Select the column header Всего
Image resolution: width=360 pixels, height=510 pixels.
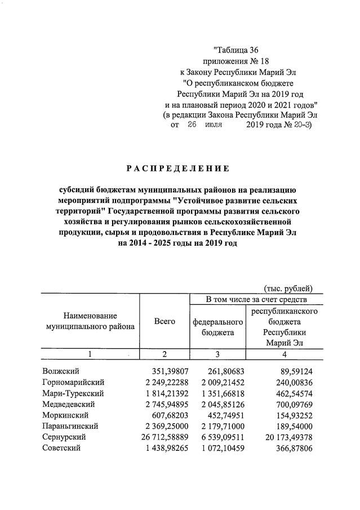coord(165,321)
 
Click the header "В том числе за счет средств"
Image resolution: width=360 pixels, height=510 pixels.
coord(256,299)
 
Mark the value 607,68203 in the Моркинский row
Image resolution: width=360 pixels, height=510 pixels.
coord(165,415)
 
